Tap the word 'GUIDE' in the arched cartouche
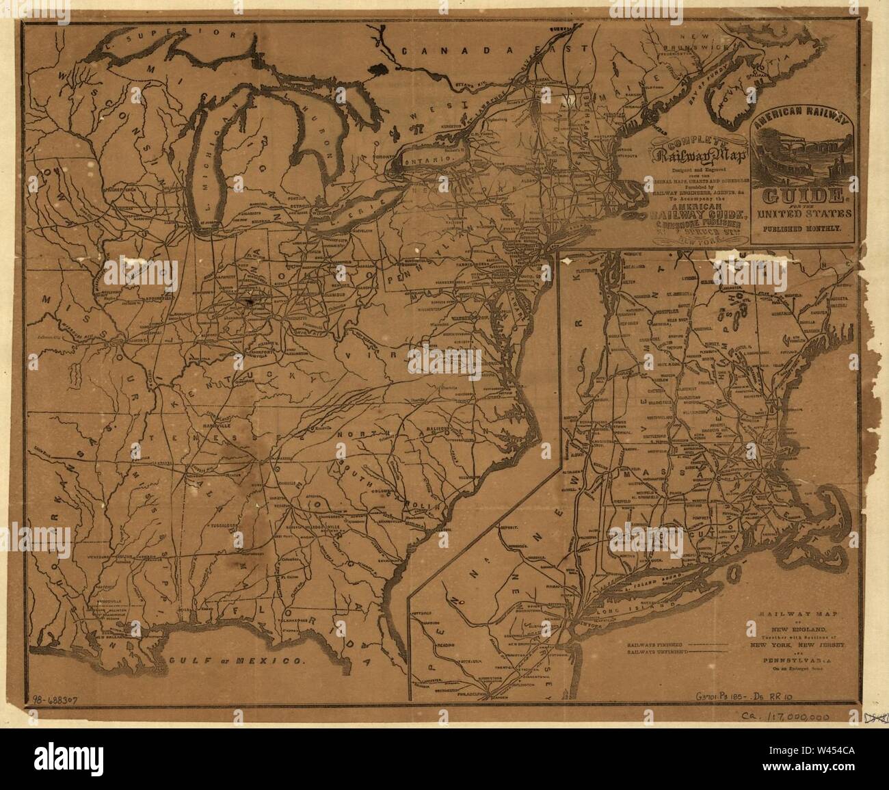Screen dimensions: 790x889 tap(804, 198)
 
